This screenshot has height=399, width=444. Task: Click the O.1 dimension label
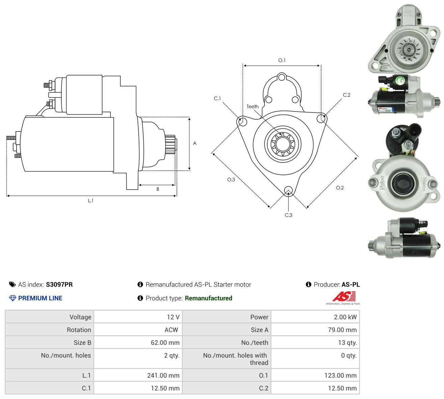(x=281, y=60)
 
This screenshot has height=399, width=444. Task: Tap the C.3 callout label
(x=288, y=215)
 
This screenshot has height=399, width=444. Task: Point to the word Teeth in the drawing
(x=252, y=106)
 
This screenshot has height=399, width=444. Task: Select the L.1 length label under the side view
(x=90, y=201)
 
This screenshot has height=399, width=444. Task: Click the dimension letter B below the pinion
(x=158, y=189)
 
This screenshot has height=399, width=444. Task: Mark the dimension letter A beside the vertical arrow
(x=195, y=143)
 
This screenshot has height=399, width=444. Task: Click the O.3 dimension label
(x=231, y=180)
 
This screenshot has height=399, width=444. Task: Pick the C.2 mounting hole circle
(x=321, y=118)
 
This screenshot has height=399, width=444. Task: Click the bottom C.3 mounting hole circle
(x=288, y=190)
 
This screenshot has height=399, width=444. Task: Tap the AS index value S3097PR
(x=59, y=284)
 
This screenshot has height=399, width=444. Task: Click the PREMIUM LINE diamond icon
(x=12, y=298)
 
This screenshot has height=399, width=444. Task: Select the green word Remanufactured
(x=208, y=298)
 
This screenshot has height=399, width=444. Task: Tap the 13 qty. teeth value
(x=347, y=343)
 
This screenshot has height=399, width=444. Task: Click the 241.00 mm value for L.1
(x=163, y=375)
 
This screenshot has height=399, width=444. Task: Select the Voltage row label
(x=80, y=317)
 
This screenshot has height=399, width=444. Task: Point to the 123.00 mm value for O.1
(x=340, y=375)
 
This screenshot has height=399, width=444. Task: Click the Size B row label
(x=82, y=343)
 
